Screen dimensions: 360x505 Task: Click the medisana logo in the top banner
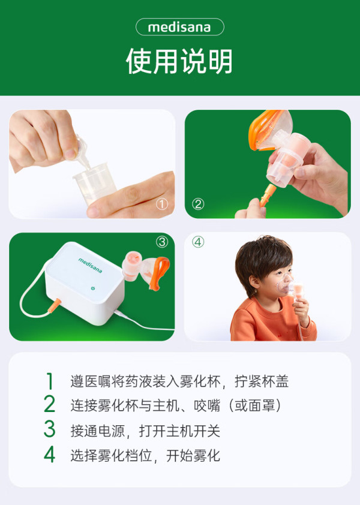[179, 27]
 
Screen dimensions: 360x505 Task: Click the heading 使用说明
[179, 61]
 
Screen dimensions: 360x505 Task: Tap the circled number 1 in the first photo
[162, 204]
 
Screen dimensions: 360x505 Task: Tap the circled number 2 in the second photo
[198, 204]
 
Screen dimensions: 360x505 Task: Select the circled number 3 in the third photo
[162, 242]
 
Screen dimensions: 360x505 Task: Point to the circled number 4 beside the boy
[198, 242]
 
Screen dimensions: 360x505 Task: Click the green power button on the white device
[93, 288]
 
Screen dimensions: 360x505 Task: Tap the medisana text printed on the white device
[90, 265]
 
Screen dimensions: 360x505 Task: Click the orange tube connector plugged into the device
[55, 305]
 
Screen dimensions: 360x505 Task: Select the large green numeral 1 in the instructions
[49, 381]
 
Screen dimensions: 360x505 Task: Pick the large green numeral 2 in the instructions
[49, 404]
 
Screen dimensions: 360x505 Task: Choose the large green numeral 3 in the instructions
[49, 429]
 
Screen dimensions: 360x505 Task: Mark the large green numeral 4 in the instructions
[49, 455]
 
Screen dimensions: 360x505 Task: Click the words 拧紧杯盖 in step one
[262, 381]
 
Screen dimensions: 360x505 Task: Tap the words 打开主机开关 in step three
[179, 431]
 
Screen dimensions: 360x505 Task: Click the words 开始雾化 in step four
[193, 456]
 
